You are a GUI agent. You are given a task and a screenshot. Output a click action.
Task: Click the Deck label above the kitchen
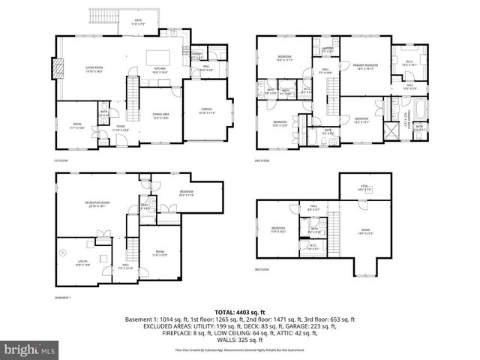tap(138, 22)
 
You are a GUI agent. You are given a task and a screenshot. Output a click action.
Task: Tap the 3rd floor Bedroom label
tap(277, 229)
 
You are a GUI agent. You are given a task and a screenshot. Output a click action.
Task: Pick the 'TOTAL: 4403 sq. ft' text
tap(240, 311)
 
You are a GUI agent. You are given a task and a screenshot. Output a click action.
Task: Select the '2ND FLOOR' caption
tap(263, 161)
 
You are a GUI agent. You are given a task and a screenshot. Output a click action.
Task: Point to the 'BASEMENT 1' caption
tap(63, 298)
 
